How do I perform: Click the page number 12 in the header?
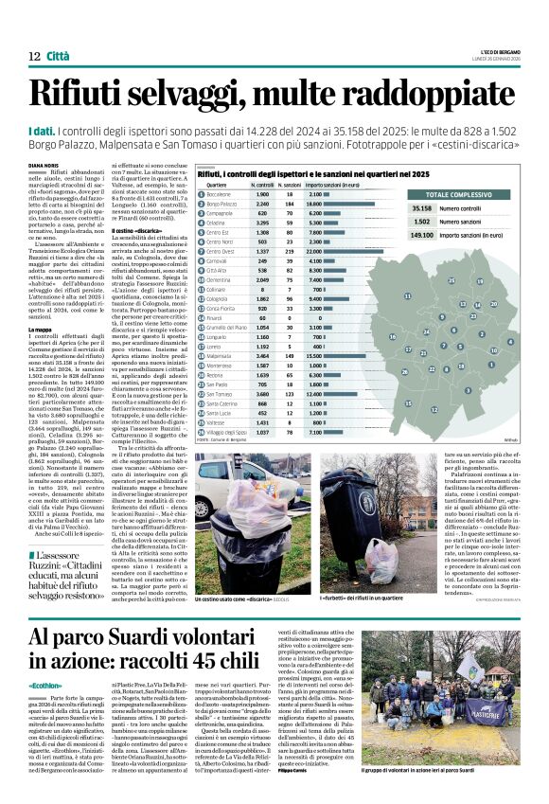pyautogui.click(x=33, y=58)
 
